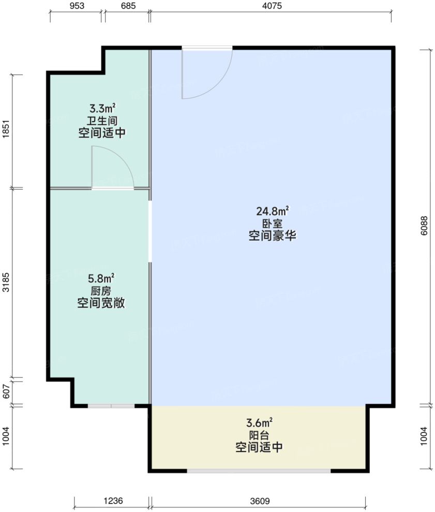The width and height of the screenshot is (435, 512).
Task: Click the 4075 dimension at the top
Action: [x=270, y=7]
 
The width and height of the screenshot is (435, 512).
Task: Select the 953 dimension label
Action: [x=76, y=7]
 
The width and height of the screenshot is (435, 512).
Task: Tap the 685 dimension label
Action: [x=127, y=7]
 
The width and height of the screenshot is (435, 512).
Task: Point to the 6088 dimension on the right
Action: [x=424, y=226]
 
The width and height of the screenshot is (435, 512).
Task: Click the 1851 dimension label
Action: [x=6, y=131]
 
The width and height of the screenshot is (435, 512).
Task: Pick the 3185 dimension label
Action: [x=6, y=283]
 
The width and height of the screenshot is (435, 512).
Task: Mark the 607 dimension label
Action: [x=6, y=392]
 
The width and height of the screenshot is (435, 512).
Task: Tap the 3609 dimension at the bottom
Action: [x=259, y=501]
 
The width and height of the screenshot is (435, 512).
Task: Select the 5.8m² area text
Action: [x=102, y=278]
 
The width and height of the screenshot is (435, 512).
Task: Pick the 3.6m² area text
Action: [x=259, y=422]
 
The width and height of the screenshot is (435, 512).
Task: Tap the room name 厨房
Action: [x=102, y=290]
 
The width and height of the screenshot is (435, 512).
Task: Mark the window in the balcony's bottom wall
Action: [x=259, y=470]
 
